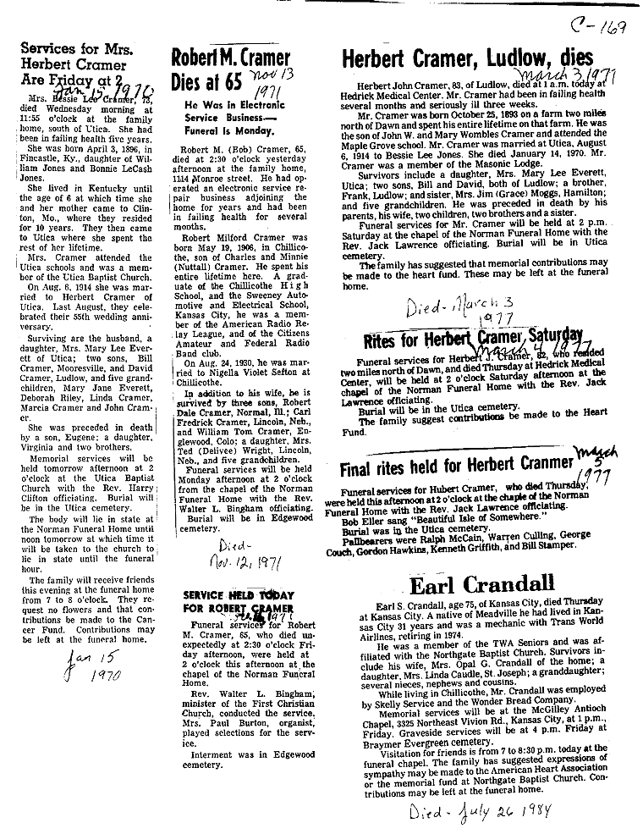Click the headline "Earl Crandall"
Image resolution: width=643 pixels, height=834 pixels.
click(x=482, y=583)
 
